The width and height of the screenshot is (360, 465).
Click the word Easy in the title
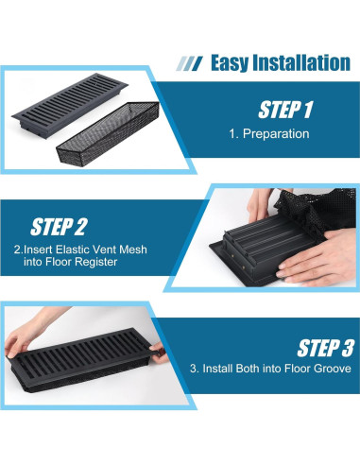coord(230,63)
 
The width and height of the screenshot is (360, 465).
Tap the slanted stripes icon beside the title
coord(189,63)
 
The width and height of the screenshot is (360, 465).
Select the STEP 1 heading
coord(285,110)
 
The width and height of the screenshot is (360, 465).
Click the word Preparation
coord(276,134)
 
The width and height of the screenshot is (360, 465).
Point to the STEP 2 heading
coord(59,227)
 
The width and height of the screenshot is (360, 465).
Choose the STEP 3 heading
coord(325,348)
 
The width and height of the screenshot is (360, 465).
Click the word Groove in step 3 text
coord(333,369)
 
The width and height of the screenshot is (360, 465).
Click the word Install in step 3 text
coord(217,369)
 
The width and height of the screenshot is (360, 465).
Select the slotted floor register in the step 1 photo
coord(70,105)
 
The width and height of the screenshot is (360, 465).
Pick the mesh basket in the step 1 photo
coord(108,133)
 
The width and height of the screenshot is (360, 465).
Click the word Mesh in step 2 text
coord(133,250)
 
